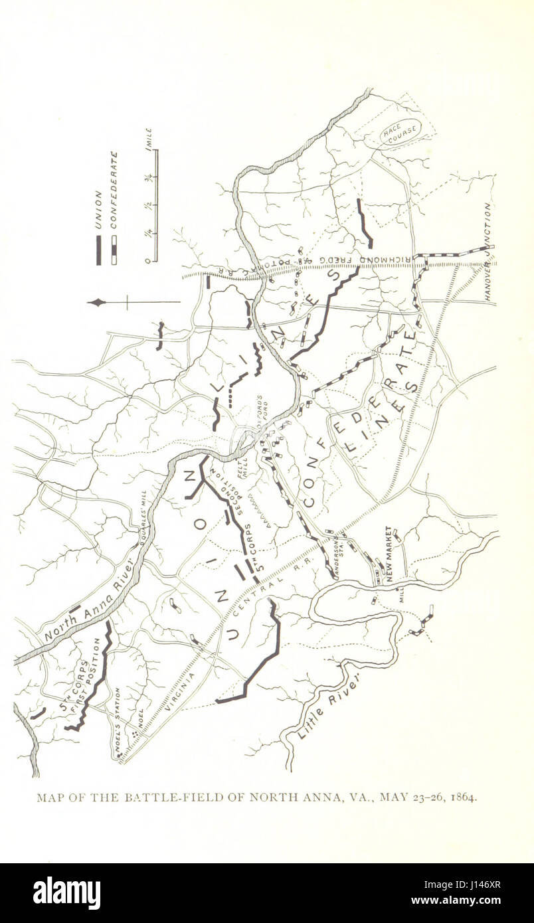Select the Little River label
pos(330,704)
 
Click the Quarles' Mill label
pos(143,517)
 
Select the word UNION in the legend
pos(98,210)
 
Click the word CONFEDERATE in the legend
pos(114,190)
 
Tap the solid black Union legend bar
pos(98,250)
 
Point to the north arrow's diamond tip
pos(97,303)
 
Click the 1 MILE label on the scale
pos(150,139)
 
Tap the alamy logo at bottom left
pos(66,892)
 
